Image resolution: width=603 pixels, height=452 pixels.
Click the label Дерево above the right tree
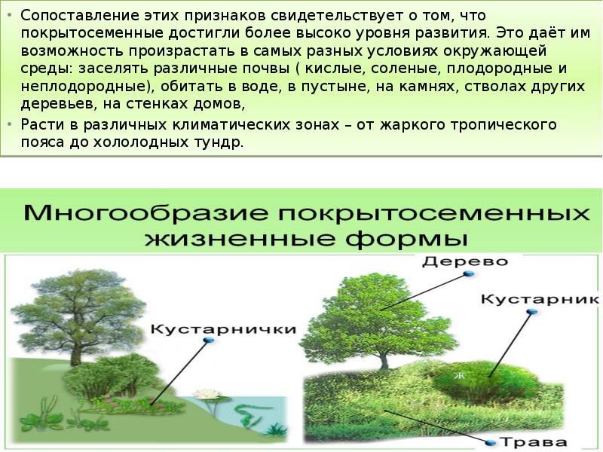coord(464,261)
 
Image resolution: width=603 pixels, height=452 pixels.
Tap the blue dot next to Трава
coord(491,442)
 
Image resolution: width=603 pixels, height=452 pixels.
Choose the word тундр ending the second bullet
coord(223,142)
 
